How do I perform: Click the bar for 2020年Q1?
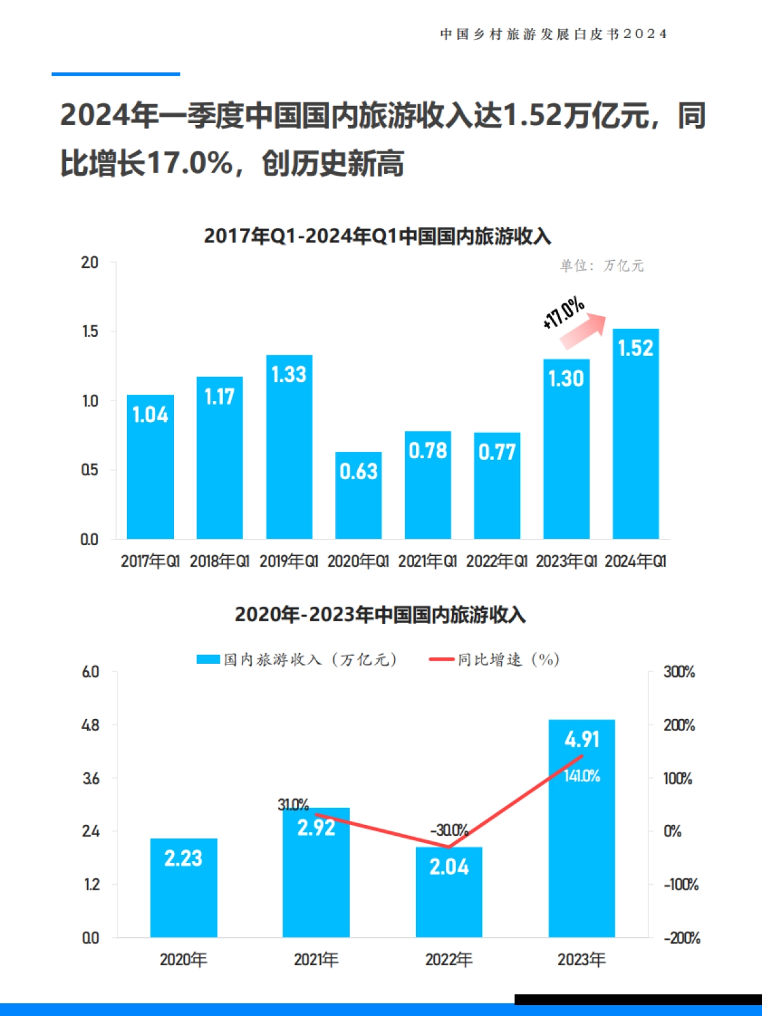click(x=358, y=501)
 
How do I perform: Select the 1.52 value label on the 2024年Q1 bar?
click(x=635, y=348)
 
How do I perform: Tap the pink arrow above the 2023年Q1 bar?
click(x=583, y=331)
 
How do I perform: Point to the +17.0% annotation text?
click(x=563, y=312)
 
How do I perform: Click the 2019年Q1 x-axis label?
click(x=288, y=561)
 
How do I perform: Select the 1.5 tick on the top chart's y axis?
click(x=90, y=331)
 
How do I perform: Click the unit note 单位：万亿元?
click(x=601, y=265)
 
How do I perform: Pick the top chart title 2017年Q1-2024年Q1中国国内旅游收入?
click(x=377, y=236)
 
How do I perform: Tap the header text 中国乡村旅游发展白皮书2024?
click(x=553, y=34)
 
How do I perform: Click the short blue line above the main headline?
click(x=116, y=74)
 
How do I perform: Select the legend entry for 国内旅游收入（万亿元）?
click(x=297, y=659)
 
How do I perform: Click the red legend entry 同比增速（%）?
click(x=495, y=659)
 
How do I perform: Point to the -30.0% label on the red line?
click(x=449, y=830)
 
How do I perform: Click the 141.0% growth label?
click(x=582, y=775)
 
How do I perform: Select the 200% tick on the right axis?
click(x=679, y=725)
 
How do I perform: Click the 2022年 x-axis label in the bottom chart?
click(x=448, y=960)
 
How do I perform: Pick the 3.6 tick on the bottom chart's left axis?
click(x=91, y=778)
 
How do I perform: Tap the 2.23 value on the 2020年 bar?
click(x=183, y=858)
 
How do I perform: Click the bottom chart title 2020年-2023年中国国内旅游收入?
click(x=380, y=614)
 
